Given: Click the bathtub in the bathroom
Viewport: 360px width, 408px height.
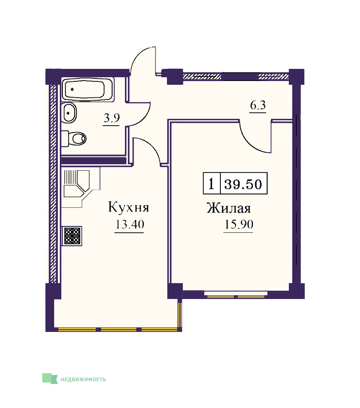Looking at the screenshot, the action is [x=88, y=89].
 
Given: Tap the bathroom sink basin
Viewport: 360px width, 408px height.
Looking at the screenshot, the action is [x=69, y=113].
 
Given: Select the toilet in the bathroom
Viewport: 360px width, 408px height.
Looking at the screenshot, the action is [x=74, y=139].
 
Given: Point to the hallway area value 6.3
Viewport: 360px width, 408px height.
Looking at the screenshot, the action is [x=258, y=105].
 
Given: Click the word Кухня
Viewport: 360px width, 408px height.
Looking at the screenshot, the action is [x=129, y=207].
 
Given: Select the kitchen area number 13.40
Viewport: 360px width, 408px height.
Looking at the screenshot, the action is [x=129, y=224].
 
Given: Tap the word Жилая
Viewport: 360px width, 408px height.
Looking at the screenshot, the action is [x=229, y=208].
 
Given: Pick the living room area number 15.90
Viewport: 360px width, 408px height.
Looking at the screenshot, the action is [x=238, y=224].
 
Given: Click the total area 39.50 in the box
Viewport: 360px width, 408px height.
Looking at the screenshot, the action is [x=243, y=184].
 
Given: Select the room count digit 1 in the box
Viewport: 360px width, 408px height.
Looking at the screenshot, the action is [x=211, y=184].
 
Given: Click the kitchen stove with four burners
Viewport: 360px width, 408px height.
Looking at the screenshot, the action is [x=72, y=236].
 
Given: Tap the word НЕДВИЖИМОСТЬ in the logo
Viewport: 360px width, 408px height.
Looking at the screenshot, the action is [x=83, y=379].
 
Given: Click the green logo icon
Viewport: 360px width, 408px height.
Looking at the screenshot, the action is [x=50, y=378].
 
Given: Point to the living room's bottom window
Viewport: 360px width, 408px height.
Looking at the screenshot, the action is [x=236, y=294].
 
